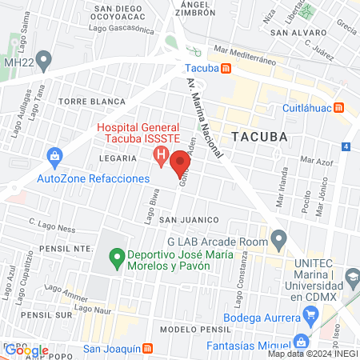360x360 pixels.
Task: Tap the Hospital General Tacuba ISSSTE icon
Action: tap(161, 155)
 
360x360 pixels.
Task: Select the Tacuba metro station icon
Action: tap(226, 68)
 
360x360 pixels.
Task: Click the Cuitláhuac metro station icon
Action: tap(339, 107)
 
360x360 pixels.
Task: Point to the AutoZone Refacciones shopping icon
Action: tap(54, 155)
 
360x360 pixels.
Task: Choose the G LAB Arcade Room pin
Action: tap(279, 238)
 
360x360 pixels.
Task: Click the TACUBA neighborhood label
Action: tap(258, 137)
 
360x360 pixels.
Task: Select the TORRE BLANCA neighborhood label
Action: tap(92, 102)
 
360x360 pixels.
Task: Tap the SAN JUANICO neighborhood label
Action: tap(189, 219)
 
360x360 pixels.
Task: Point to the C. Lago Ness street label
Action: tap(51, 227)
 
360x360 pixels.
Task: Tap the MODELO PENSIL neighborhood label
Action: tap(190, 330)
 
